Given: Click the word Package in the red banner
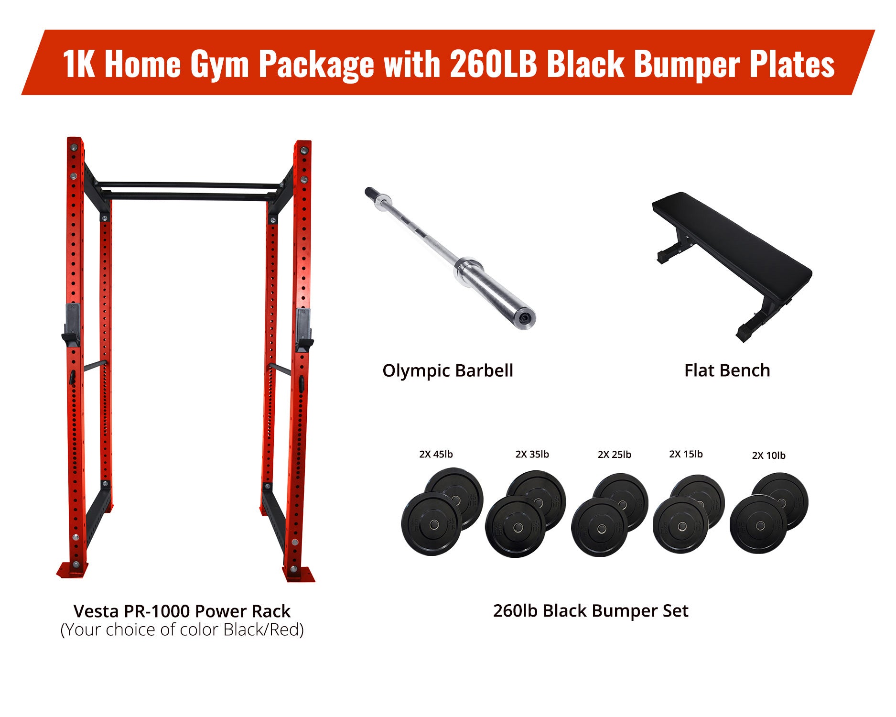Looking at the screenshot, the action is [316, 64].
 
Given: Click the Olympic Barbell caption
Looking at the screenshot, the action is [448, 371].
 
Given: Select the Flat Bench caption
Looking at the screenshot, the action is [727, 370].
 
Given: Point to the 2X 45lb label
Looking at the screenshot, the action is [436, 454].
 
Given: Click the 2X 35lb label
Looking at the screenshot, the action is [532, 454].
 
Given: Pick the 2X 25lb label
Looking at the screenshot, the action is [614, 455].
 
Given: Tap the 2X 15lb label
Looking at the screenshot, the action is [686, 454].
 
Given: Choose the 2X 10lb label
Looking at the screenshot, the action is [768, 456].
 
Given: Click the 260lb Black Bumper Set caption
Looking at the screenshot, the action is [591, 611].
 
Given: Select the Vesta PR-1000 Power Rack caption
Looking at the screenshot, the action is [182, 611].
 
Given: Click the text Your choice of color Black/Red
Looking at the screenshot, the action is [182, 630].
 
